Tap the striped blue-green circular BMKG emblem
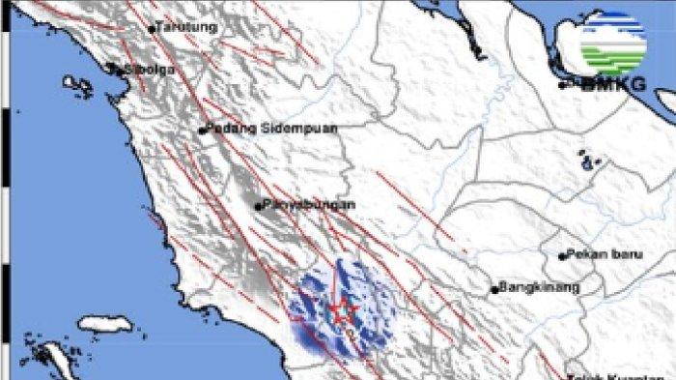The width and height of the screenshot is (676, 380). [x=613, y=44]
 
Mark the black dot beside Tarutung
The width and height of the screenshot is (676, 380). [x=152, y=29]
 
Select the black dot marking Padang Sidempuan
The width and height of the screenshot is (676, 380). [x=202, y=131]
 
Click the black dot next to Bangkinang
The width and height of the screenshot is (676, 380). [x=494, y=288]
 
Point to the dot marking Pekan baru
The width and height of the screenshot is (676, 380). [x=562, y=256]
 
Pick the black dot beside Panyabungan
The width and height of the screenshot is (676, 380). [x=258, y=205]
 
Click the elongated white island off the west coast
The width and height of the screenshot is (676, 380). [x=103, y=323]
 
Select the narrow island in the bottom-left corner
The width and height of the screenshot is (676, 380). [x=58, y=362]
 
